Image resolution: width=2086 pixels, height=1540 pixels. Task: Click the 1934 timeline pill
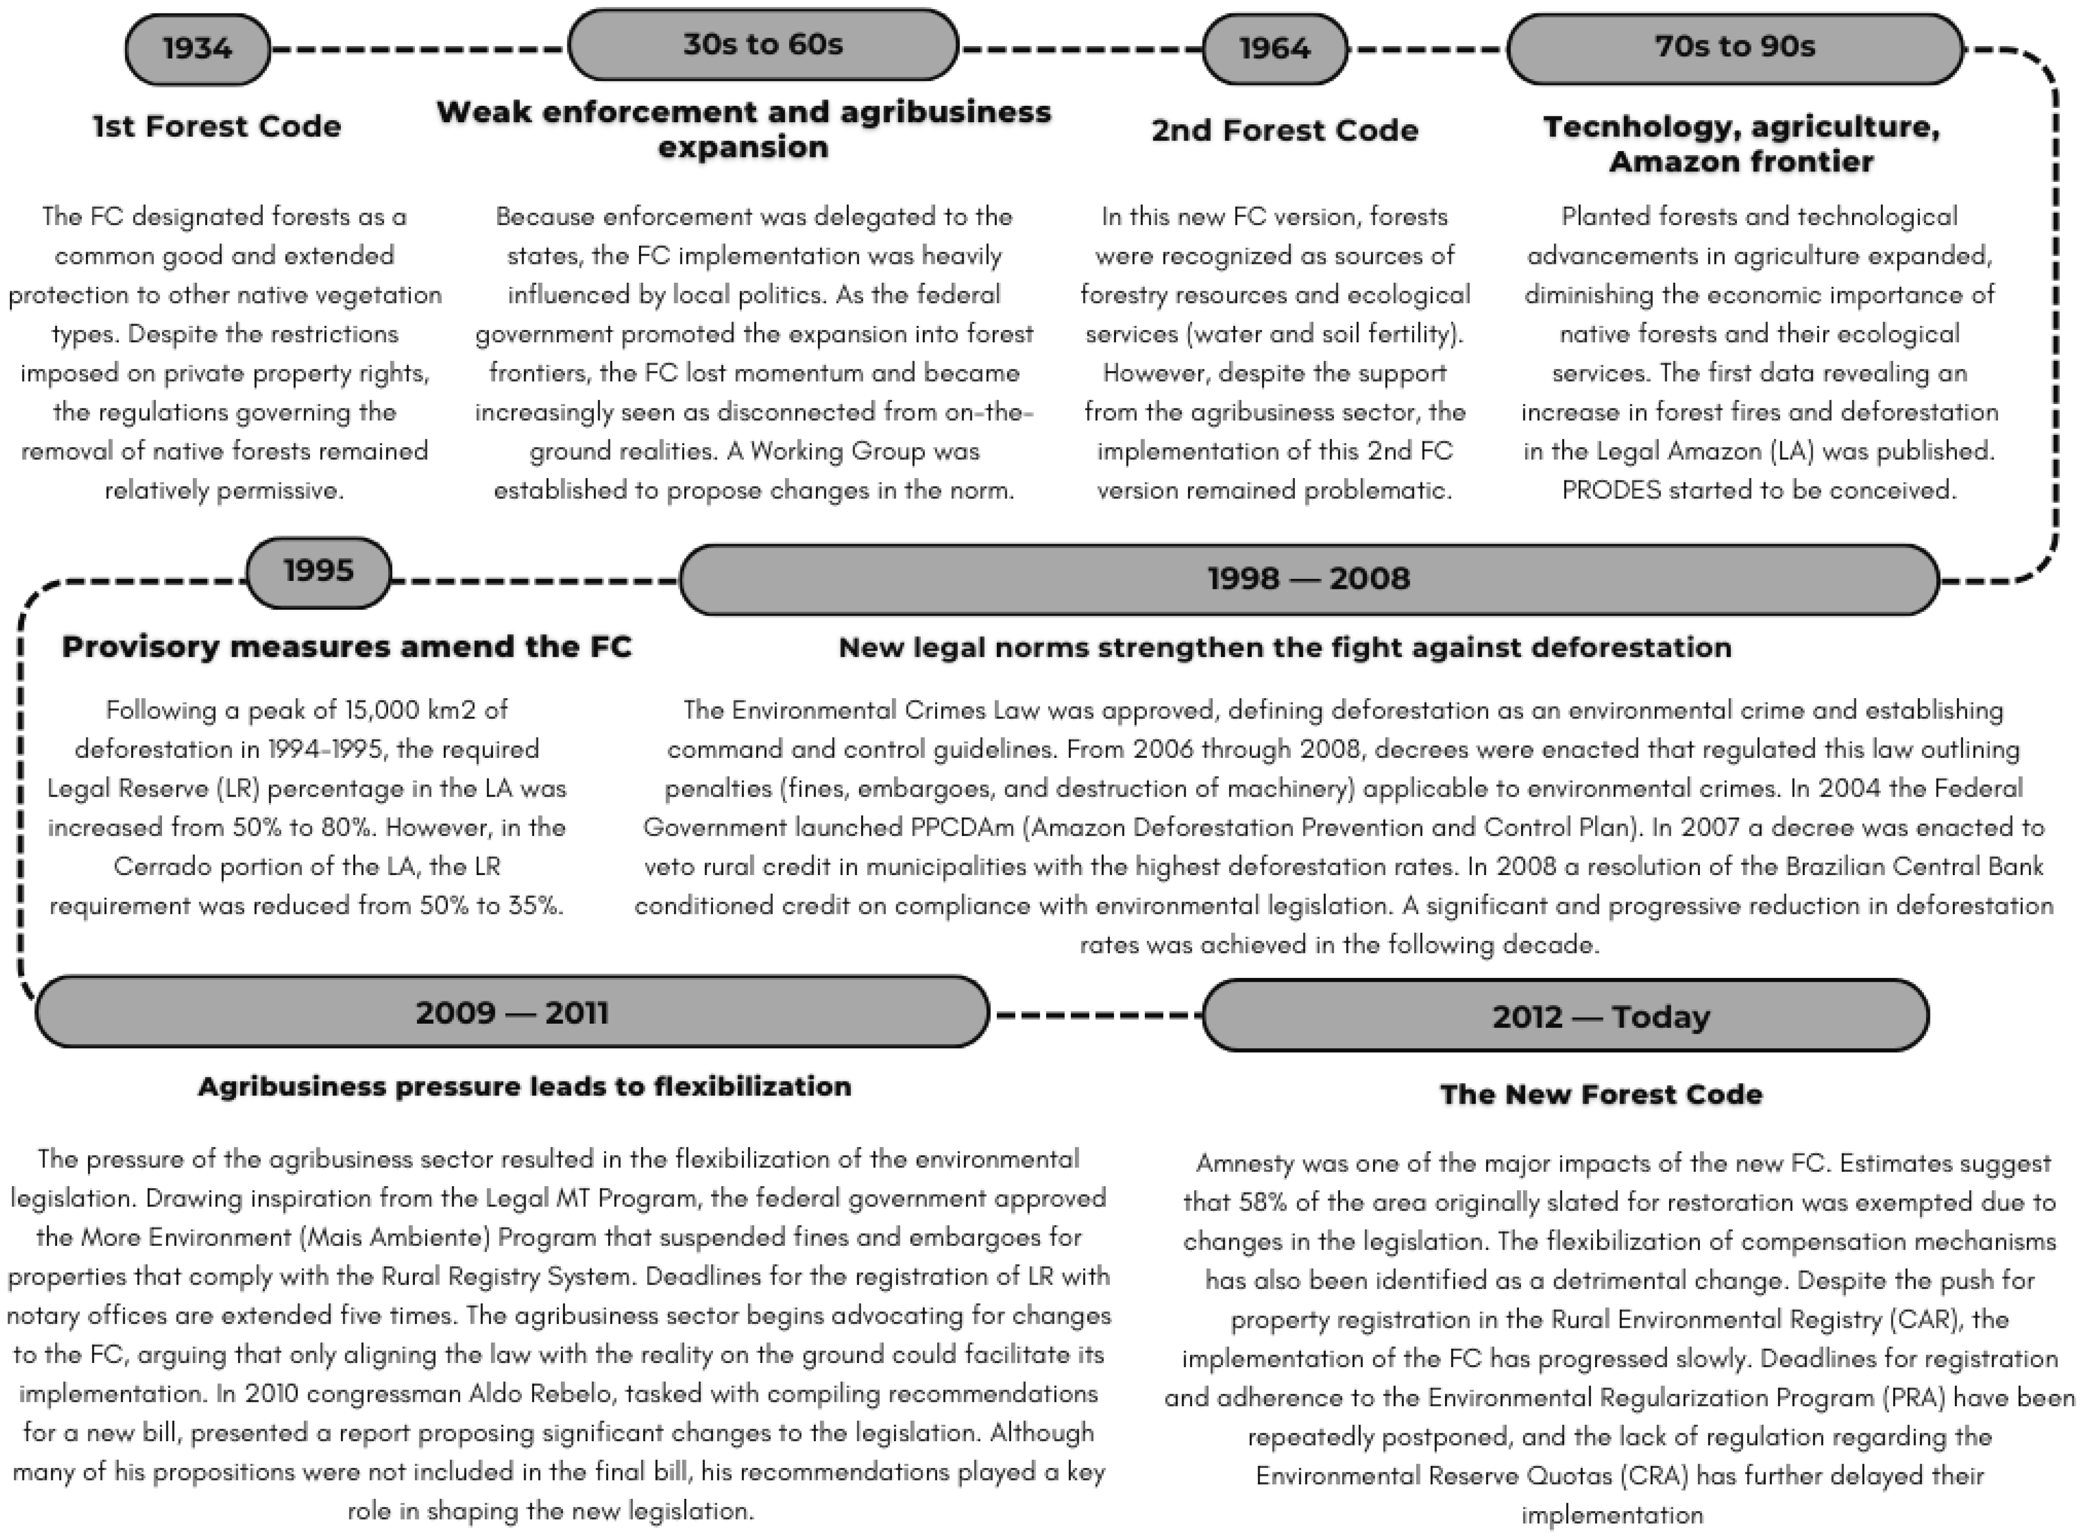tap(198, 49)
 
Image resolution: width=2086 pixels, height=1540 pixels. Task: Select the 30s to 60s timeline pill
tap(762, 45)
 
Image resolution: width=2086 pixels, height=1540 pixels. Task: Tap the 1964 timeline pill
tap(1274, 49)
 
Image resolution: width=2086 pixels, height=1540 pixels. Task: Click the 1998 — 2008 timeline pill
tap(1309, 579)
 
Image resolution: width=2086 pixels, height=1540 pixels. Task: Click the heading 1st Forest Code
tap(217, 127)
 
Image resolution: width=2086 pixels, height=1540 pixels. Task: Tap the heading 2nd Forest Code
tap(1284, 131)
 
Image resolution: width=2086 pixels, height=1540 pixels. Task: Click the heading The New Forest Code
tap(1601, 1094)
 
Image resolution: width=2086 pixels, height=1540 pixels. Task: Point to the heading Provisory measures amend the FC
tap(347, 647)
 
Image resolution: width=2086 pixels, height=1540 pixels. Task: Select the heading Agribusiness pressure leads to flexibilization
tap(525, 1087)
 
